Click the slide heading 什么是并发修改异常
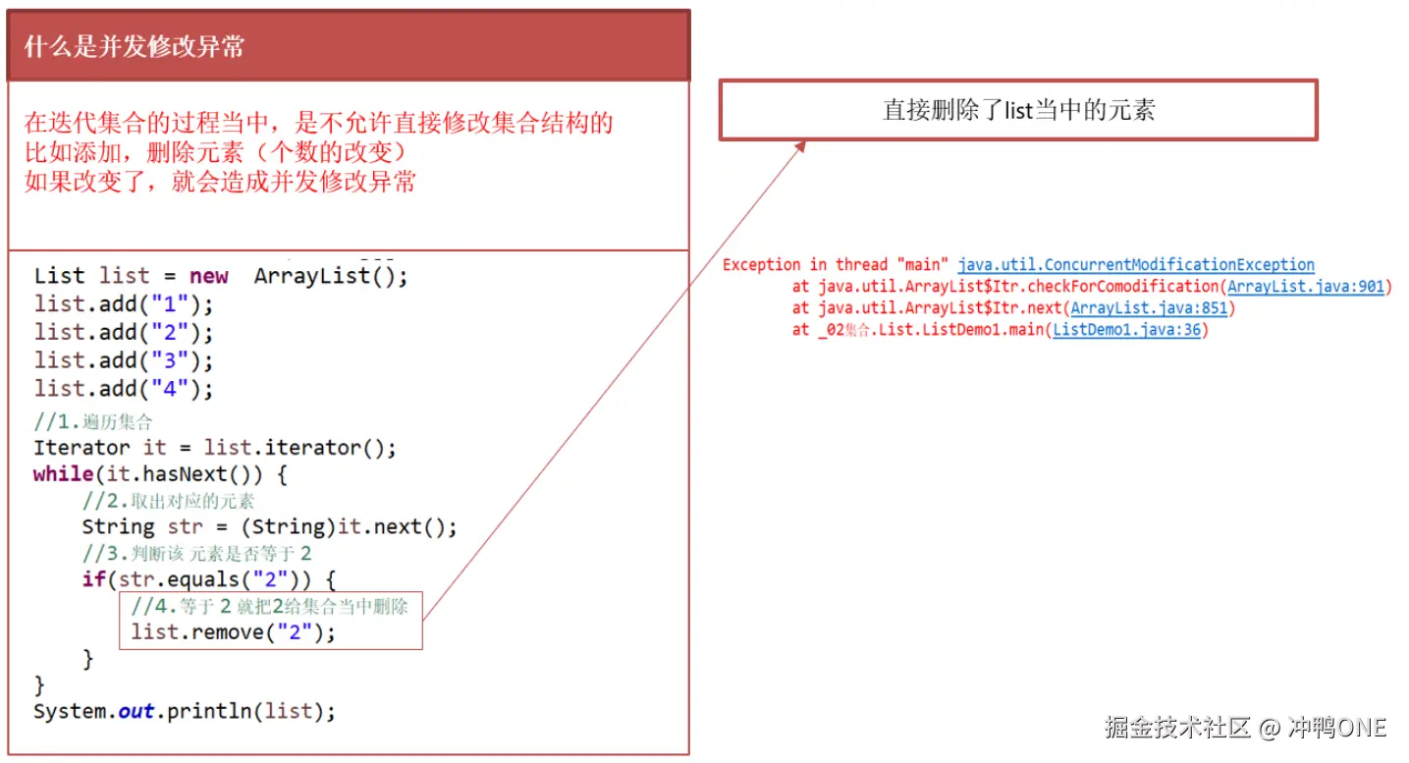[134, 47]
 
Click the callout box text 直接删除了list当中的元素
[1018, 110]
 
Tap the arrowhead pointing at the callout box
[799, 145]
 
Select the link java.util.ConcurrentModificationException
[1136, 265]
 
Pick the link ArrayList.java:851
[1149, 308]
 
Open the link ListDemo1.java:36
[1127, 330]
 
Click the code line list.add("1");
[123, 304]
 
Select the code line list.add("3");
[123, 360]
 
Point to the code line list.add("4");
[123, 389]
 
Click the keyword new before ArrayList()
[208, 276]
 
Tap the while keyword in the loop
[63, 474]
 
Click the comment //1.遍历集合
[93, 423]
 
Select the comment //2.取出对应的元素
[168, 501]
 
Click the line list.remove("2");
[233, 632]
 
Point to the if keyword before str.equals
[93, 579]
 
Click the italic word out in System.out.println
[136, 711]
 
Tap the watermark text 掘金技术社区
[1177, 728]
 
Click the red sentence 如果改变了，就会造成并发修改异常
[220, 182]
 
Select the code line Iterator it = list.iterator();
[214, 448]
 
